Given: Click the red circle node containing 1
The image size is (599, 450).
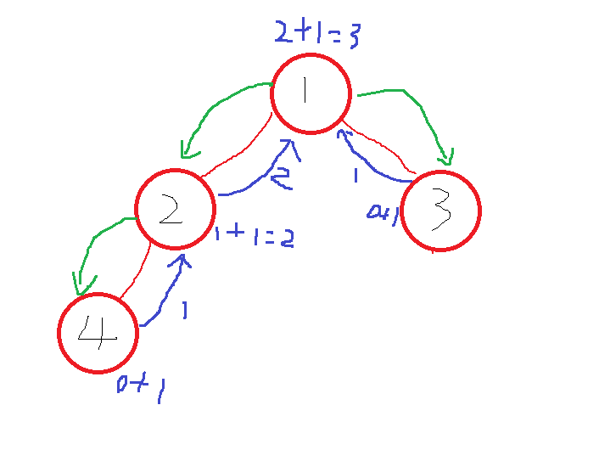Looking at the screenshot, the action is pos(311,93).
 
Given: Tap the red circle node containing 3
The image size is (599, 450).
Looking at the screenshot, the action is pos(440,211).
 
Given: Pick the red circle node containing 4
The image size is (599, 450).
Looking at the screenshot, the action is pos(98,332).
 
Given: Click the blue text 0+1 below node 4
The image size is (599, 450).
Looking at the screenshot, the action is pos(141,388).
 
